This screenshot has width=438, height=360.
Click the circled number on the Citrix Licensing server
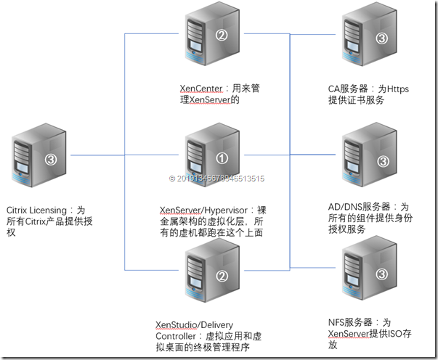(50, 159)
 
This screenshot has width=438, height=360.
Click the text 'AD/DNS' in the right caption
(344, 206)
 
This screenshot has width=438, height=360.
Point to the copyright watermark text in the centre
(216, 178)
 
